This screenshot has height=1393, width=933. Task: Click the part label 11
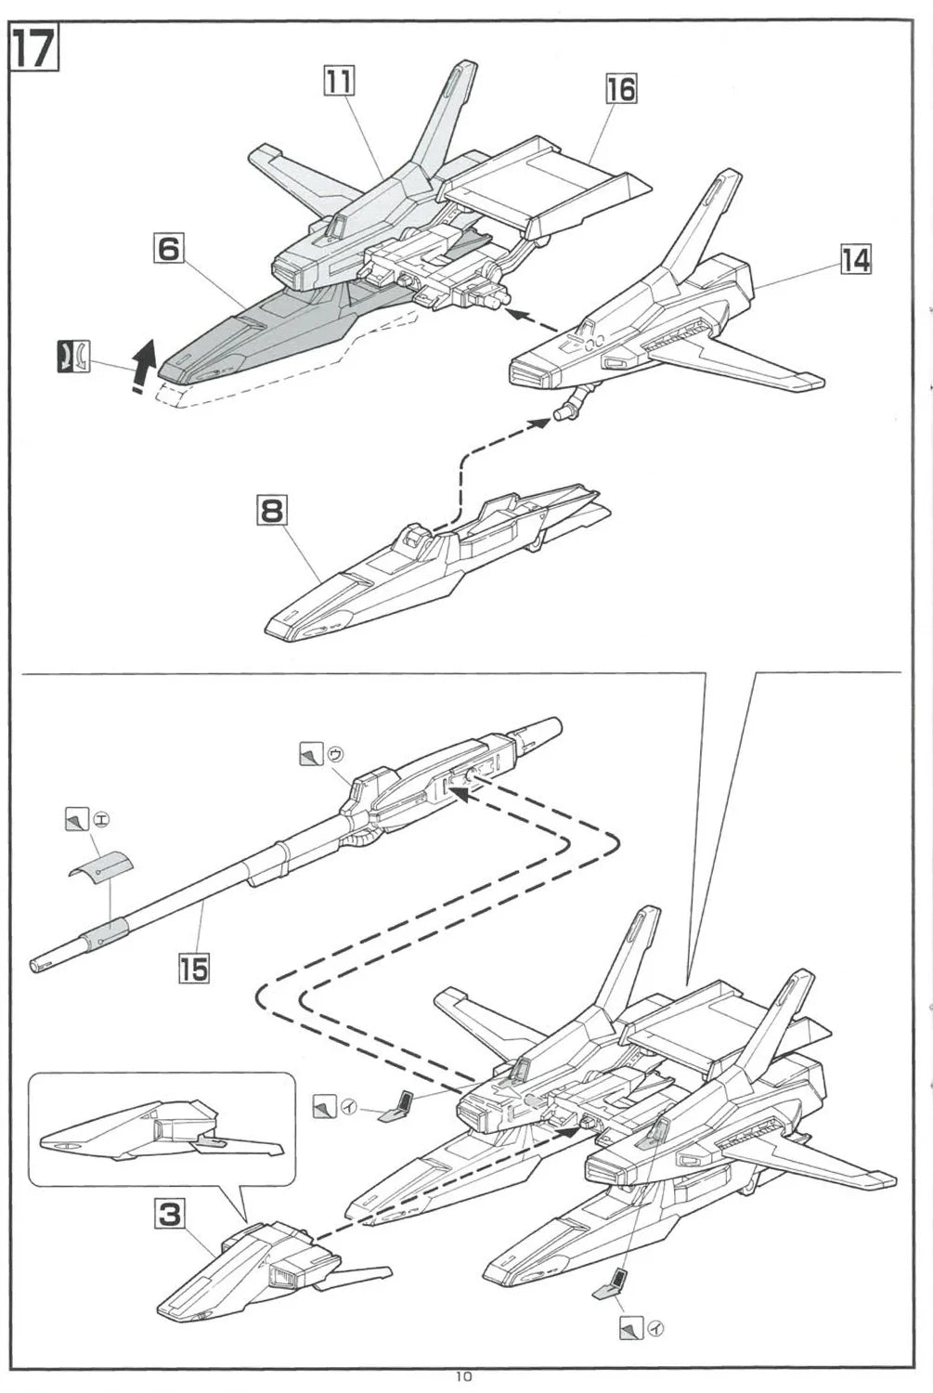click(x=339, y=82)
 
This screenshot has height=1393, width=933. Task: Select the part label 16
click(x=621, y=89)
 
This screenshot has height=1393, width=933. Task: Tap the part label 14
click(x=855, y=260)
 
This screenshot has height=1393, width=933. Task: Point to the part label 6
click(x=168, y=249)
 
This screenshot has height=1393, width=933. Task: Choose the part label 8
click(x=271, y=510)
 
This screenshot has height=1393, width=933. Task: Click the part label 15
click(x=193, y=969)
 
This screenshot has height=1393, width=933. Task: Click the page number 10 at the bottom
click(x=464, y=1377)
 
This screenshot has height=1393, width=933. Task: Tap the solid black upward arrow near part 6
click(x=142, y=365)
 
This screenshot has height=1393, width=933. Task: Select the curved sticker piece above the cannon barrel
click(x=100, y=866)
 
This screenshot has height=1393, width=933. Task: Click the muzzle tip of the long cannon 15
click(x=37, y=966)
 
